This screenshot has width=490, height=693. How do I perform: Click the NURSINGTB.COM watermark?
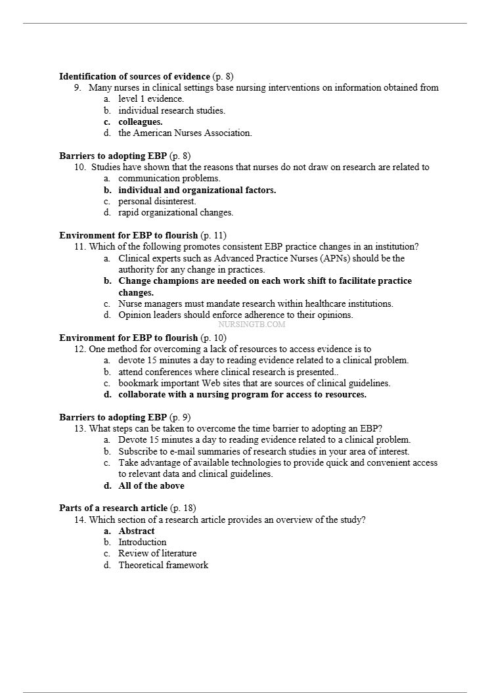[252, 324]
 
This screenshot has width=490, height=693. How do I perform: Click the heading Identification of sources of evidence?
[135, 76]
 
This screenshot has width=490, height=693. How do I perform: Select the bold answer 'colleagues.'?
[140, 122]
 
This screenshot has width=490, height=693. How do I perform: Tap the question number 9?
[77, 87]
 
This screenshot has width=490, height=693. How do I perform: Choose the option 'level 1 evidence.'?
[150, 99]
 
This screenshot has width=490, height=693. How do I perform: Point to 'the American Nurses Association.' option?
[185, 133]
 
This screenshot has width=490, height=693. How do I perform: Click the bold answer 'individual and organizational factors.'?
[197, 190]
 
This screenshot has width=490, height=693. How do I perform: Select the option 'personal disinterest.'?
[157, 201]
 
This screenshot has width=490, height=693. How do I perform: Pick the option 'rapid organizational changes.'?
[175, 212]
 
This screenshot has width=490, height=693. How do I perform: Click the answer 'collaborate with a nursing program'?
[242, 395]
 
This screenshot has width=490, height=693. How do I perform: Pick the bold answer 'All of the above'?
[151, 485]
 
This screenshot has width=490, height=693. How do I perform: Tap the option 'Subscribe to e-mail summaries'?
[263, 451]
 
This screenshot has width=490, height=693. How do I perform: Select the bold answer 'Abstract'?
[137, 531]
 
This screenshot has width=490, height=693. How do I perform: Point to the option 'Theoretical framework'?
[163, 565]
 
